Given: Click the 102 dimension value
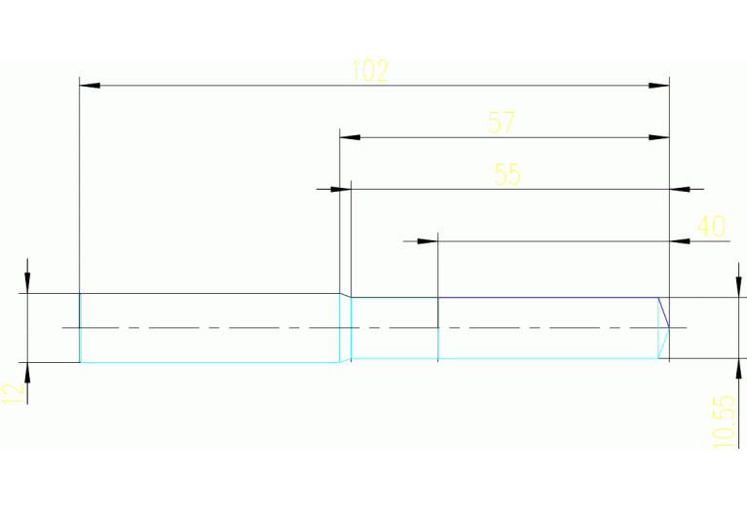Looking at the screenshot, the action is coord(370,71).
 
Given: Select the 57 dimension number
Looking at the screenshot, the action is coord(502,124).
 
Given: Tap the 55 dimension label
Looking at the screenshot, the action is coord(507,174).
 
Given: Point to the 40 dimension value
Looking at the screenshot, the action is coord(711,227).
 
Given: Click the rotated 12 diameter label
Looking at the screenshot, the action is coord(13,392).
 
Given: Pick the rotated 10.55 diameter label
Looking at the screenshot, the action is coord(722,420).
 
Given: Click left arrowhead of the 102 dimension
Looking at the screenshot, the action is coord(90,86).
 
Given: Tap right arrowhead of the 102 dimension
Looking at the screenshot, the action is coord(659,86).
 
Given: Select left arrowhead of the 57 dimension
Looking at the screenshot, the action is coord(351,137).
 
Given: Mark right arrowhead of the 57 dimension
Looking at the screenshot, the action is coord(659,137).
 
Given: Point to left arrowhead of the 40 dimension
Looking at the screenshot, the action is coord(427,239).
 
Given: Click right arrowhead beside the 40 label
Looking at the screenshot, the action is coord(681,239).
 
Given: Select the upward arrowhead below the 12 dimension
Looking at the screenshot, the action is coord(28,373).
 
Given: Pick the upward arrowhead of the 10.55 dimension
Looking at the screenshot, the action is coord(737,369).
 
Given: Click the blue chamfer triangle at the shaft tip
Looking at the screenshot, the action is coord(664,313).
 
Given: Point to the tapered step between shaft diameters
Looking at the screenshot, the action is coord(345,328).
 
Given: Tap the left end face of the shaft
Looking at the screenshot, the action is coord(79,328).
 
